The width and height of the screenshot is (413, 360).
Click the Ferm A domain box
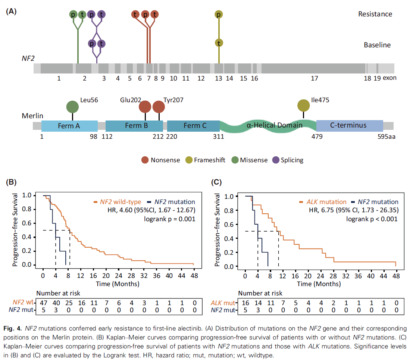[x=69, y=126]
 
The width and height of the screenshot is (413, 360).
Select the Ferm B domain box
[x=134, y=126]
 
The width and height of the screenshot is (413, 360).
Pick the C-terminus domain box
[x=349, y=126]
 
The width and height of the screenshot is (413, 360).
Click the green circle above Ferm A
[x=73, y=107]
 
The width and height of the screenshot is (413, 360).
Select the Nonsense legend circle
[x=145, y=160]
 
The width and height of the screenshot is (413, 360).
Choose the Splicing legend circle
[x=276, y=160]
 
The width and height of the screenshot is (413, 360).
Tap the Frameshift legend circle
[x=189, y=160]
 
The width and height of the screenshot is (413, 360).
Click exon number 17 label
[x=314, y=78]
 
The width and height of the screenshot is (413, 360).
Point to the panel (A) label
[x=12, y=11]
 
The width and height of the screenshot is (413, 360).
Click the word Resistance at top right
[x=375, y=14]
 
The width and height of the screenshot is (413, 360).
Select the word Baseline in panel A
[x=377, y=45]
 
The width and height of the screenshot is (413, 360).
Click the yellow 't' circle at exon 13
[x=219, y=43]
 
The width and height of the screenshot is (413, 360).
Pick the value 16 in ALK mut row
[x=245, y=302]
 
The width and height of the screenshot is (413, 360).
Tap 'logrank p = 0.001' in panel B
[x=169, y=219]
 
